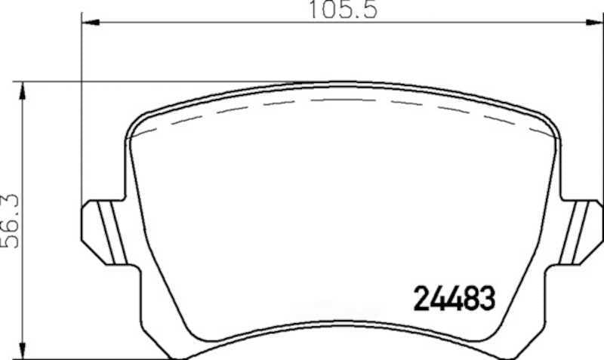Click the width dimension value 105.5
tap(344, 10)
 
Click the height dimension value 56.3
tap(11, 221)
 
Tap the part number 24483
tap(455, 298)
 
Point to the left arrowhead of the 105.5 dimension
tap(91, 23)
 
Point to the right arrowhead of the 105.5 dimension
tap(593, 23)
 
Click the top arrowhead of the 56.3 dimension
tap(23, 91)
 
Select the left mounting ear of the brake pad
tap(104, 232)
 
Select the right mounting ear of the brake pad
tap(581, 232)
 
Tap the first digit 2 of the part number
tap(421, 298)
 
